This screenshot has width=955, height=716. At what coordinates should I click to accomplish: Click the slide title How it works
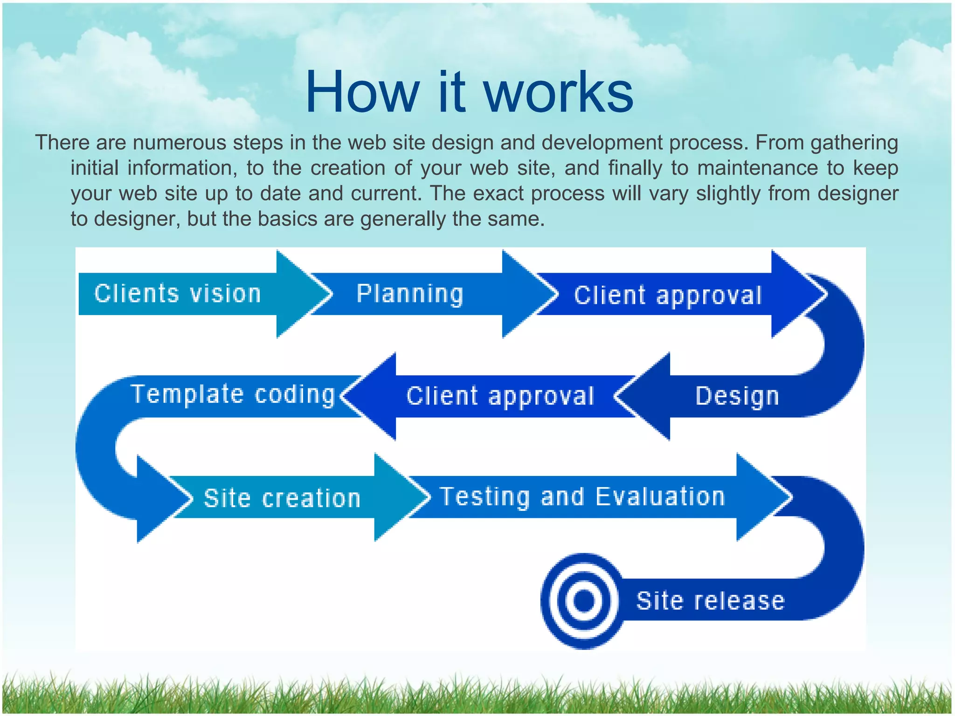(x=469, y=92)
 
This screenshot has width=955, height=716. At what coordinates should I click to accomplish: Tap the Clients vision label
(x=178, y=294)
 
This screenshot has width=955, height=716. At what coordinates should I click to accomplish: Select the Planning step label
(x=410, y=294)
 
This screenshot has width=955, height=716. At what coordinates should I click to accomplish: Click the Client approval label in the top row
(x=668, y=296)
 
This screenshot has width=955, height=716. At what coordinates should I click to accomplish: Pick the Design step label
(x=737, y=396)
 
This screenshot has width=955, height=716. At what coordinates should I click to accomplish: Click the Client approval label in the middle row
(x=500, y=396)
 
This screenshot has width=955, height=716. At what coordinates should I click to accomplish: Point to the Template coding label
(x=233, y=394)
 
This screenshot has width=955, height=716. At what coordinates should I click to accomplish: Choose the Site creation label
(x=282, y=498)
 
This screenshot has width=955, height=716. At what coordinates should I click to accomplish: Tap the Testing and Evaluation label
(x=582, y=496)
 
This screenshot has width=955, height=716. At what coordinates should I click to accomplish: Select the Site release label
(x=710, y=600)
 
